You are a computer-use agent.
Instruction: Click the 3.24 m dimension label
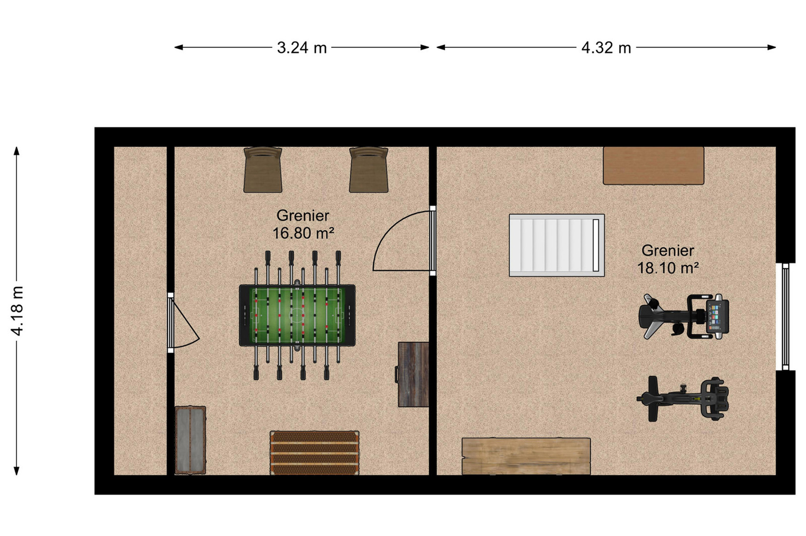pyautogui.click(x=302, y=47)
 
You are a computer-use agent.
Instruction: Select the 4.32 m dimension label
pyautogui.click(x=606, y=47)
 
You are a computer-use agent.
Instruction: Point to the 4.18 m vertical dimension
pyautogui.click(x=17, y=311)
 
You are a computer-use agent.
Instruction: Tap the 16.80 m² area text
pyautogui.click(x=304, y=233)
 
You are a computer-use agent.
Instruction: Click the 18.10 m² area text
pyautogui.click(x=668, y=268)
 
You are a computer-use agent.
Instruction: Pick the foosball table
pyautogui.click(x=297, y=315)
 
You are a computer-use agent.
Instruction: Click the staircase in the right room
pyautogui.click(x=557, y=245)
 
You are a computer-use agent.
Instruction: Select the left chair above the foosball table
pyautogui.click(x=263, y=170)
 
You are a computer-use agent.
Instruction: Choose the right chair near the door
pyautogui.click(x=369, y=170)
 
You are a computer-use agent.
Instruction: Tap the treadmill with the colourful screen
pyautogui.click(x=684, y=316)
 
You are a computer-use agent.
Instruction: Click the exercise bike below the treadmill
pyautogui.click(x=683, y=399)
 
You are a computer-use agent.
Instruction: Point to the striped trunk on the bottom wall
pyautogui.click(x=314, y=452)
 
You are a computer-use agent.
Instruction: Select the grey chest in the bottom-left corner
pyautogui.click(x=190, y=440)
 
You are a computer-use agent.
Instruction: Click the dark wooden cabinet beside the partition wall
pyautogui.click(x=413, y=374)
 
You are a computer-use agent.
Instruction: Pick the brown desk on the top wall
pyautogui.click(x=654, y=166)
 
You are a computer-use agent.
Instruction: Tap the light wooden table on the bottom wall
pyautogui.click(x=526, y=456)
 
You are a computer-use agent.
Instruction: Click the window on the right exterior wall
pyautogui.click(x=785, y=317)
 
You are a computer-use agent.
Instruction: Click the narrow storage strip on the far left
pyautogui.click(x=140, y=311)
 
